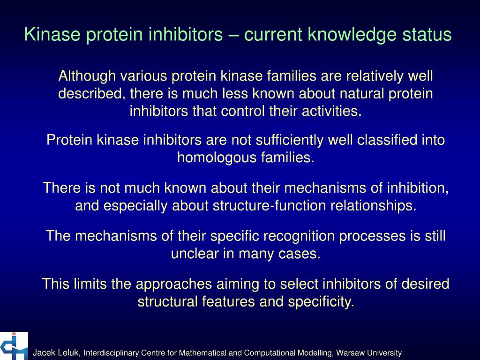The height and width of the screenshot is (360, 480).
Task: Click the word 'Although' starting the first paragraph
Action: coord(87,75)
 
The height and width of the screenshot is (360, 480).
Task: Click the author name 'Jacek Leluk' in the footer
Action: coord(57,352)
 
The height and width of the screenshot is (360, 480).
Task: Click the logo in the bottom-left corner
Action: coord(14,346)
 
